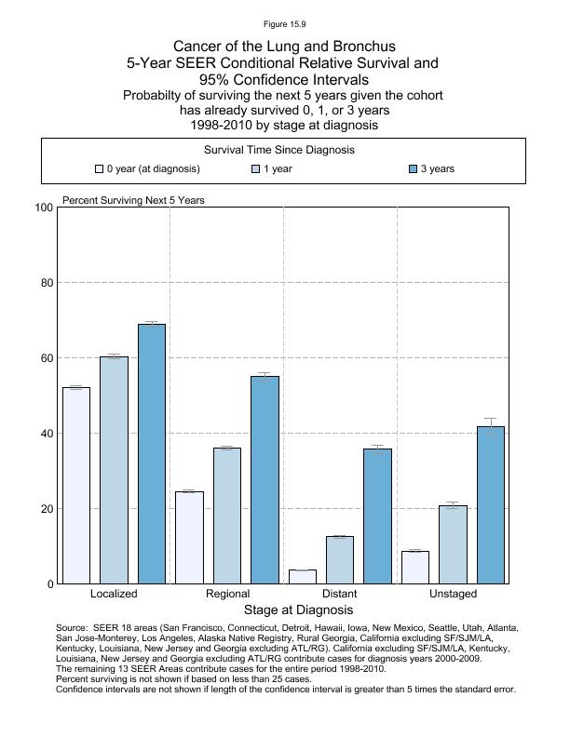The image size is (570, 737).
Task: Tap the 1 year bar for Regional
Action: (227, 516)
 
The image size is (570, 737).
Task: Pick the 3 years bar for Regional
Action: (265, 480)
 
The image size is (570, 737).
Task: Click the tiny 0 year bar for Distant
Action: (303, 577)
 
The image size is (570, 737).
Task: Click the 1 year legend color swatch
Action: (256, 169)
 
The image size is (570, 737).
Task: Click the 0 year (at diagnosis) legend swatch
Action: (99, 169)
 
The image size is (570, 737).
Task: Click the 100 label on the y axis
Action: (41, 208)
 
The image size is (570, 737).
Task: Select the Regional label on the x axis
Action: (227, 594)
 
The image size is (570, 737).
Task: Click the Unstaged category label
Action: (453, 594)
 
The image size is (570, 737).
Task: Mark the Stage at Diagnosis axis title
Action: (298, 610)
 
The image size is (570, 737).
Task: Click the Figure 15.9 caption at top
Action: (285, 24)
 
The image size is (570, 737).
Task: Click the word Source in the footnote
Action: (74, 628)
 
